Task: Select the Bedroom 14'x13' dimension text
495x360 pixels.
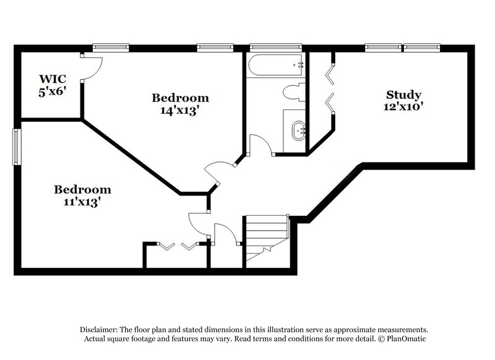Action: click(x=180, y=111)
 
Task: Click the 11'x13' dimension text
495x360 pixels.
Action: click(x=82, y=202)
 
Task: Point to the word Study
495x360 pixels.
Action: click(x=403, y=95)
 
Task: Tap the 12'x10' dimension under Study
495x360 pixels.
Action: click(x=403, y=106)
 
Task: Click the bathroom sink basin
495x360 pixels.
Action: click(x=299, y=131)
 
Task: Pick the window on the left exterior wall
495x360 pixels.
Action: click(x=18, y=147)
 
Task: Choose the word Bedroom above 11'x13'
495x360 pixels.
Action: click(x=82, y=189)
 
